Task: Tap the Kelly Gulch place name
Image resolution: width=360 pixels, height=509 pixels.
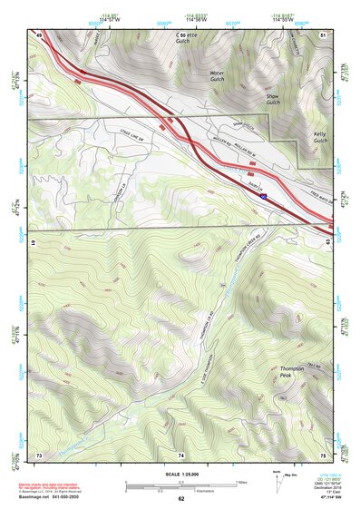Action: (320, 137)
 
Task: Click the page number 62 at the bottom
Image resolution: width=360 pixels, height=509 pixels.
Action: (180, 498)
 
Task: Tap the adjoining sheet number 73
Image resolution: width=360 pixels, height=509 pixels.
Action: (39, 454)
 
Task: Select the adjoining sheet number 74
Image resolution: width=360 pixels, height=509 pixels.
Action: (180, 454)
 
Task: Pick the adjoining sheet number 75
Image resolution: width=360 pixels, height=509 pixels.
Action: (323, 454)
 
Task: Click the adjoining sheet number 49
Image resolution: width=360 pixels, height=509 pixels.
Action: (39, 34)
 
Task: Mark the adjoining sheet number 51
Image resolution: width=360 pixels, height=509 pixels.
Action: (323, 34)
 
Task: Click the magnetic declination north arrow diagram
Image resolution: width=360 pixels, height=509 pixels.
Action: (277, 478)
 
